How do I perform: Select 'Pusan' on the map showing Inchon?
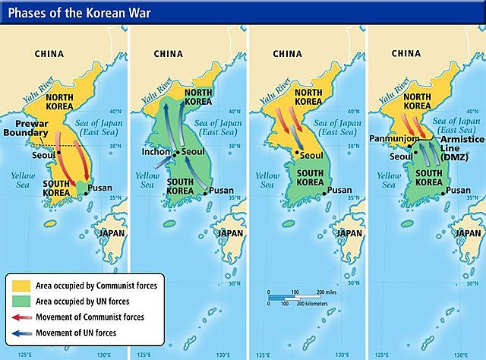222,190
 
